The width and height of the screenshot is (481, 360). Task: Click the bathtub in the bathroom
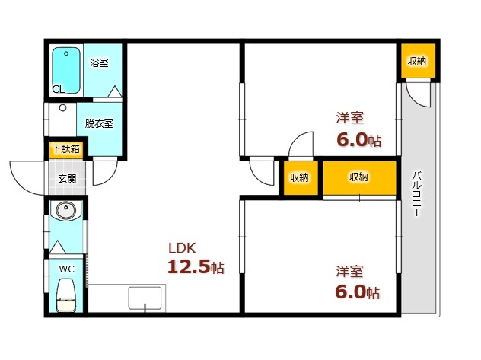[66, 70]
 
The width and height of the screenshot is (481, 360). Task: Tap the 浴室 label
[99, 63]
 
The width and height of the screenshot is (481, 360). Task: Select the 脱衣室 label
[99, 123]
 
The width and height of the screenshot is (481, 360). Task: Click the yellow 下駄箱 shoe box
[66, 149]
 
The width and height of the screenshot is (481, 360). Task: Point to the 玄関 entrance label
[67, 178]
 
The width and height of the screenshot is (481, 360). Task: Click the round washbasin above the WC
[65, 210]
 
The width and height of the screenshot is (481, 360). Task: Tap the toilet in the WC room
[66, 295]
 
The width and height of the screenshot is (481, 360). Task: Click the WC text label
[66, 269]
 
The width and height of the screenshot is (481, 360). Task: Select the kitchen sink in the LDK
[145, 298]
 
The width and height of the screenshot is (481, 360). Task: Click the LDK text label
[182, 248]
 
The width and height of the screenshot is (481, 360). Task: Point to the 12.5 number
[189, 266]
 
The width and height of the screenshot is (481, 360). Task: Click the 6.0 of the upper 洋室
[352, 140]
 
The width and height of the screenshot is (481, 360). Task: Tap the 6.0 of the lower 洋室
[351, 292]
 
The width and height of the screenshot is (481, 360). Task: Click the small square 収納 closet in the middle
[301, 177]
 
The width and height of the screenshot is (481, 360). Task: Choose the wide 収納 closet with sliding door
[359, 177]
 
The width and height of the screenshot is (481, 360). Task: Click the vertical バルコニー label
[416, 194]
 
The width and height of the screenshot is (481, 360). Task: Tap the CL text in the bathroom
[59, 89]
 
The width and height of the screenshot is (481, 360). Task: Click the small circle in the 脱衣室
[63, 108]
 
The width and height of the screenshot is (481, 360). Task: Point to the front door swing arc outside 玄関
[23, 185]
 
